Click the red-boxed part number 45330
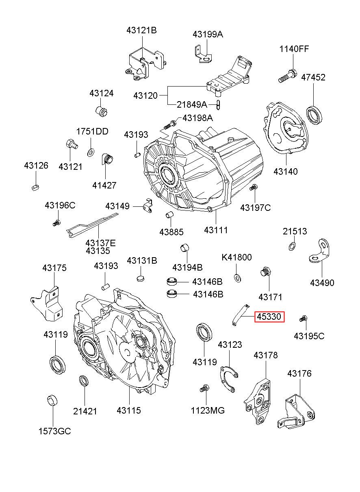pos(269,316)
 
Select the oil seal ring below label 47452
pos(314,114)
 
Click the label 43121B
pos(141,30)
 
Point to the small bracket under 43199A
pos(203,54)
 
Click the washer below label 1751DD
pos(91,152)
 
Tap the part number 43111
pos(216,230)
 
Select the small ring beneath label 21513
pos(292,247)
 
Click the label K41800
pos(236,257)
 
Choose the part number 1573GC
pos(55,431)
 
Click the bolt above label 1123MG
pos(204,388)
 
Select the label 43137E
pos(100,243)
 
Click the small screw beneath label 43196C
pos(56,223)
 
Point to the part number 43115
pos(129,410)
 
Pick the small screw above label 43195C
pos(304,319)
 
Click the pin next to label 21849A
pos(218,104)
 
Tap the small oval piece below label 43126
pos(35,187)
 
